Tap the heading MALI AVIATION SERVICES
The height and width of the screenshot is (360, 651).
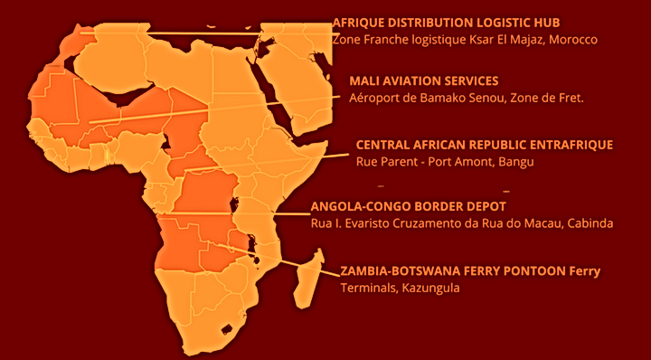click(423, 81)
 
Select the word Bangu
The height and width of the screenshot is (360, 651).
click(517, 162)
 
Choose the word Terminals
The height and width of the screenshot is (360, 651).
click(367, 289)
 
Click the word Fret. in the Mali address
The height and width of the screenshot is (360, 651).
click(568, 98)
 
